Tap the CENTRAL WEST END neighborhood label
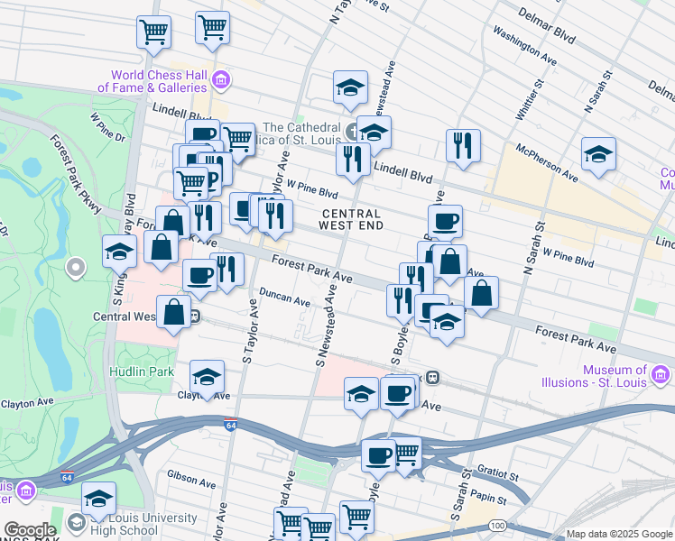[x=350, y=220]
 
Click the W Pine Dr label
[x=106, y=126]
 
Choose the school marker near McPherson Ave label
[x=597, y=155]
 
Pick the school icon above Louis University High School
[x=98, y=500]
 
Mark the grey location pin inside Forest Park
[x=75, y=267]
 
